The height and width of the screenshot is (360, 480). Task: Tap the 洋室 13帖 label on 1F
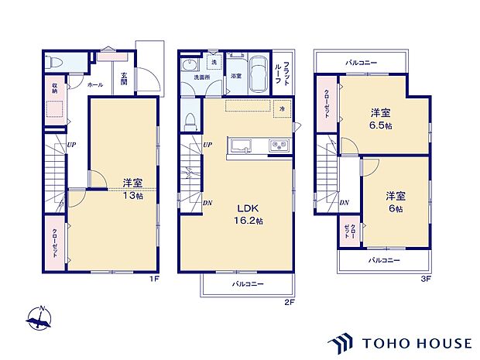click(132, 189)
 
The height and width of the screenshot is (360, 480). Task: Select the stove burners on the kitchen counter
click(278, 146)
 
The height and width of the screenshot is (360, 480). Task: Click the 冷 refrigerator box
click(281, 109)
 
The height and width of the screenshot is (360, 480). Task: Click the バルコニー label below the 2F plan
click(249, 284)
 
